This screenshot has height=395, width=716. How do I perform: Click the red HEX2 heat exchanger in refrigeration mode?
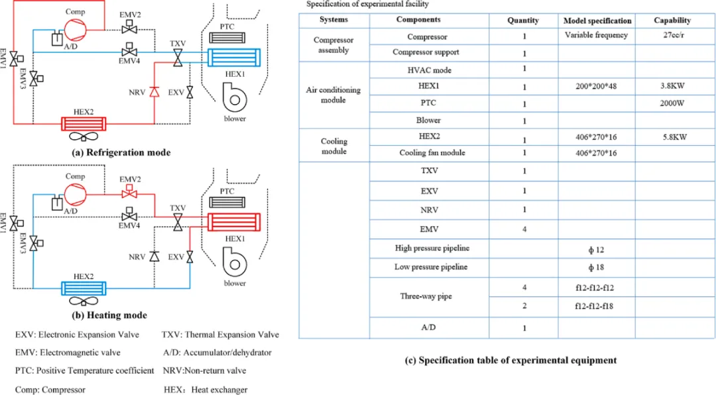point(84,123)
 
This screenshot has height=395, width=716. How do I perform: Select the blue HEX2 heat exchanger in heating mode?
point(84,288)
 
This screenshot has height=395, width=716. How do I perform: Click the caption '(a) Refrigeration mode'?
point(121,153)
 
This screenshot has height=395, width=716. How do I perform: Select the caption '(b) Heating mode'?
point(109,315)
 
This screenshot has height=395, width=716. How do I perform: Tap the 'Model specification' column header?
point(597,21)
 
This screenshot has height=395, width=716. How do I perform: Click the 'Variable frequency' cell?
point(597,36)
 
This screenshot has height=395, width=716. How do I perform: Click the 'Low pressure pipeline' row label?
point(431,267)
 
